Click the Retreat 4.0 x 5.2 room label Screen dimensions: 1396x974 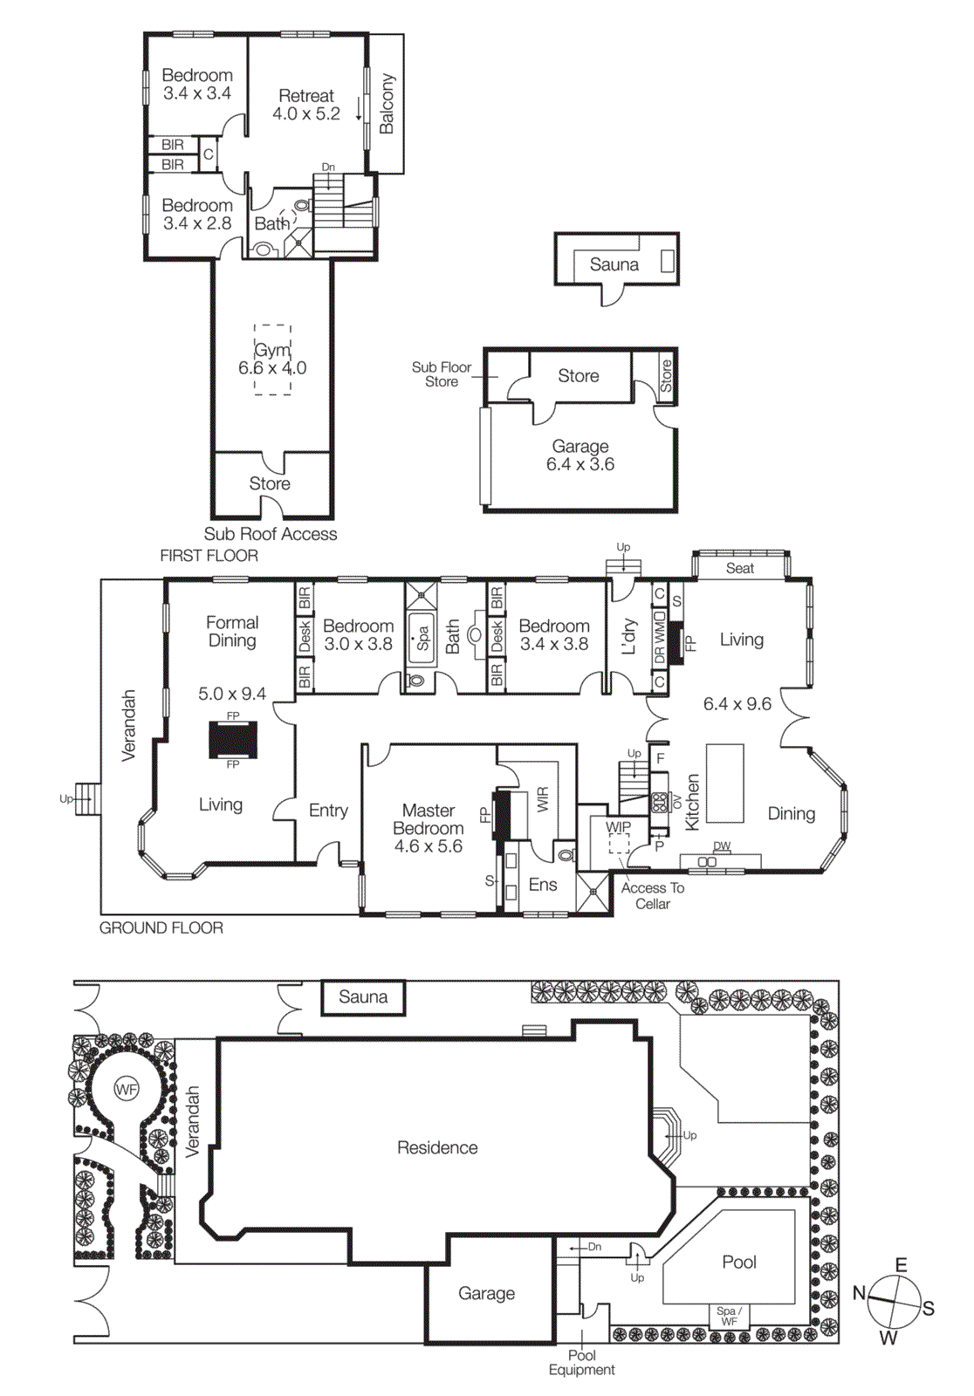pos(305,105)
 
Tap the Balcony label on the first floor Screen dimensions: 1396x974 pos(387,104)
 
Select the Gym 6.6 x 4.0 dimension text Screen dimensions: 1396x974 pos(272,359)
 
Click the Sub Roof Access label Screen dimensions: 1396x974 pos(270,534)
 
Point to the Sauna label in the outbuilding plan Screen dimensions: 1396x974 pos(614,264)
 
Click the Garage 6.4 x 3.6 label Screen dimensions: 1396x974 pos(580,455)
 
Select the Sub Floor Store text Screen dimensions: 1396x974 pos(442,374)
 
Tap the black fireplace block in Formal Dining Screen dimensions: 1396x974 pos(233,740)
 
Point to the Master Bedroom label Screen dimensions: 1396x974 pos(428,828)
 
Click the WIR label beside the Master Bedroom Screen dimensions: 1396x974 pos(543,799)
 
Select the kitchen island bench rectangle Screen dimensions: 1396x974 pos(724,783)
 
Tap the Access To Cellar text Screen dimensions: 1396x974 pos(652,896)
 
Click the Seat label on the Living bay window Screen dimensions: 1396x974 pos(739,568)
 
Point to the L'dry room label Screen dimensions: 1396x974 pos(628,637)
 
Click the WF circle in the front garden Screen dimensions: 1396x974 pos(127,1089)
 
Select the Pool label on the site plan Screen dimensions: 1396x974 pos(739,1262)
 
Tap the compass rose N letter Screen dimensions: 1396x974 pos(860,1293)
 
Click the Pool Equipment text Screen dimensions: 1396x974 pos(581,1363)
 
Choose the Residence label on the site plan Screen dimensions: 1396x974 pos(437,1147)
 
